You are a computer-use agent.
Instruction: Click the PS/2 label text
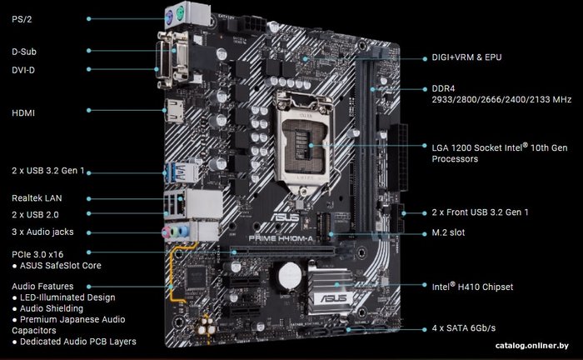click(22, 19)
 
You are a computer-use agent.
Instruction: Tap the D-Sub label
click(24, 52)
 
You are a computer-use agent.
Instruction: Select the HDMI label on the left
click(23, 113)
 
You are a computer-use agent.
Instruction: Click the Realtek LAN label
click(37, 198)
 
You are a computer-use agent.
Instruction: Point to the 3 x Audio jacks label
click(42, 232)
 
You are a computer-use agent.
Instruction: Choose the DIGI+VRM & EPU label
click(466, 57)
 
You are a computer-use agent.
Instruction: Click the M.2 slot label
click(448, 232)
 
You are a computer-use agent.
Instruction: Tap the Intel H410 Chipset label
click(472, 287)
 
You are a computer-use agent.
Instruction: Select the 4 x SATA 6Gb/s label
click(464, 328)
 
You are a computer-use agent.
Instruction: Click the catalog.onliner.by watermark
click(532, 346)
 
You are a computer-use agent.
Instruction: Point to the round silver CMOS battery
click(290, 276)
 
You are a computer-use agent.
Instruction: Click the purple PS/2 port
click(169, 17)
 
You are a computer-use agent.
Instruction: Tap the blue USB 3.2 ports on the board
click(180, 172)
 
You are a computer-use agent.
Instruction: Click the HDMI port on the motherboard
click(174, 111)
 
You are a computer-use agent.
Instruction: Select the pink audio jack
click(167, 232)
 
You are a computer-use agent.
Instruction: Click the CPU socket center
click(305, 144)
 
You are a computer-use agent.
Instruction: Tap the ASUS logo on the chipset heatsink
click(334, 297)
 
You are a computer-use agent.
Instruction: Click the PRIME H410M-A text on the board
click(281, 238)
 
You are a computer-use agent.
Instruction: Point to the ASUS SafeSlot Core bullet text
click(57, 266)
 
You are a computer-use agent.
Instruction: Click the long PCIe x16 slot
click(282, 251)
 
